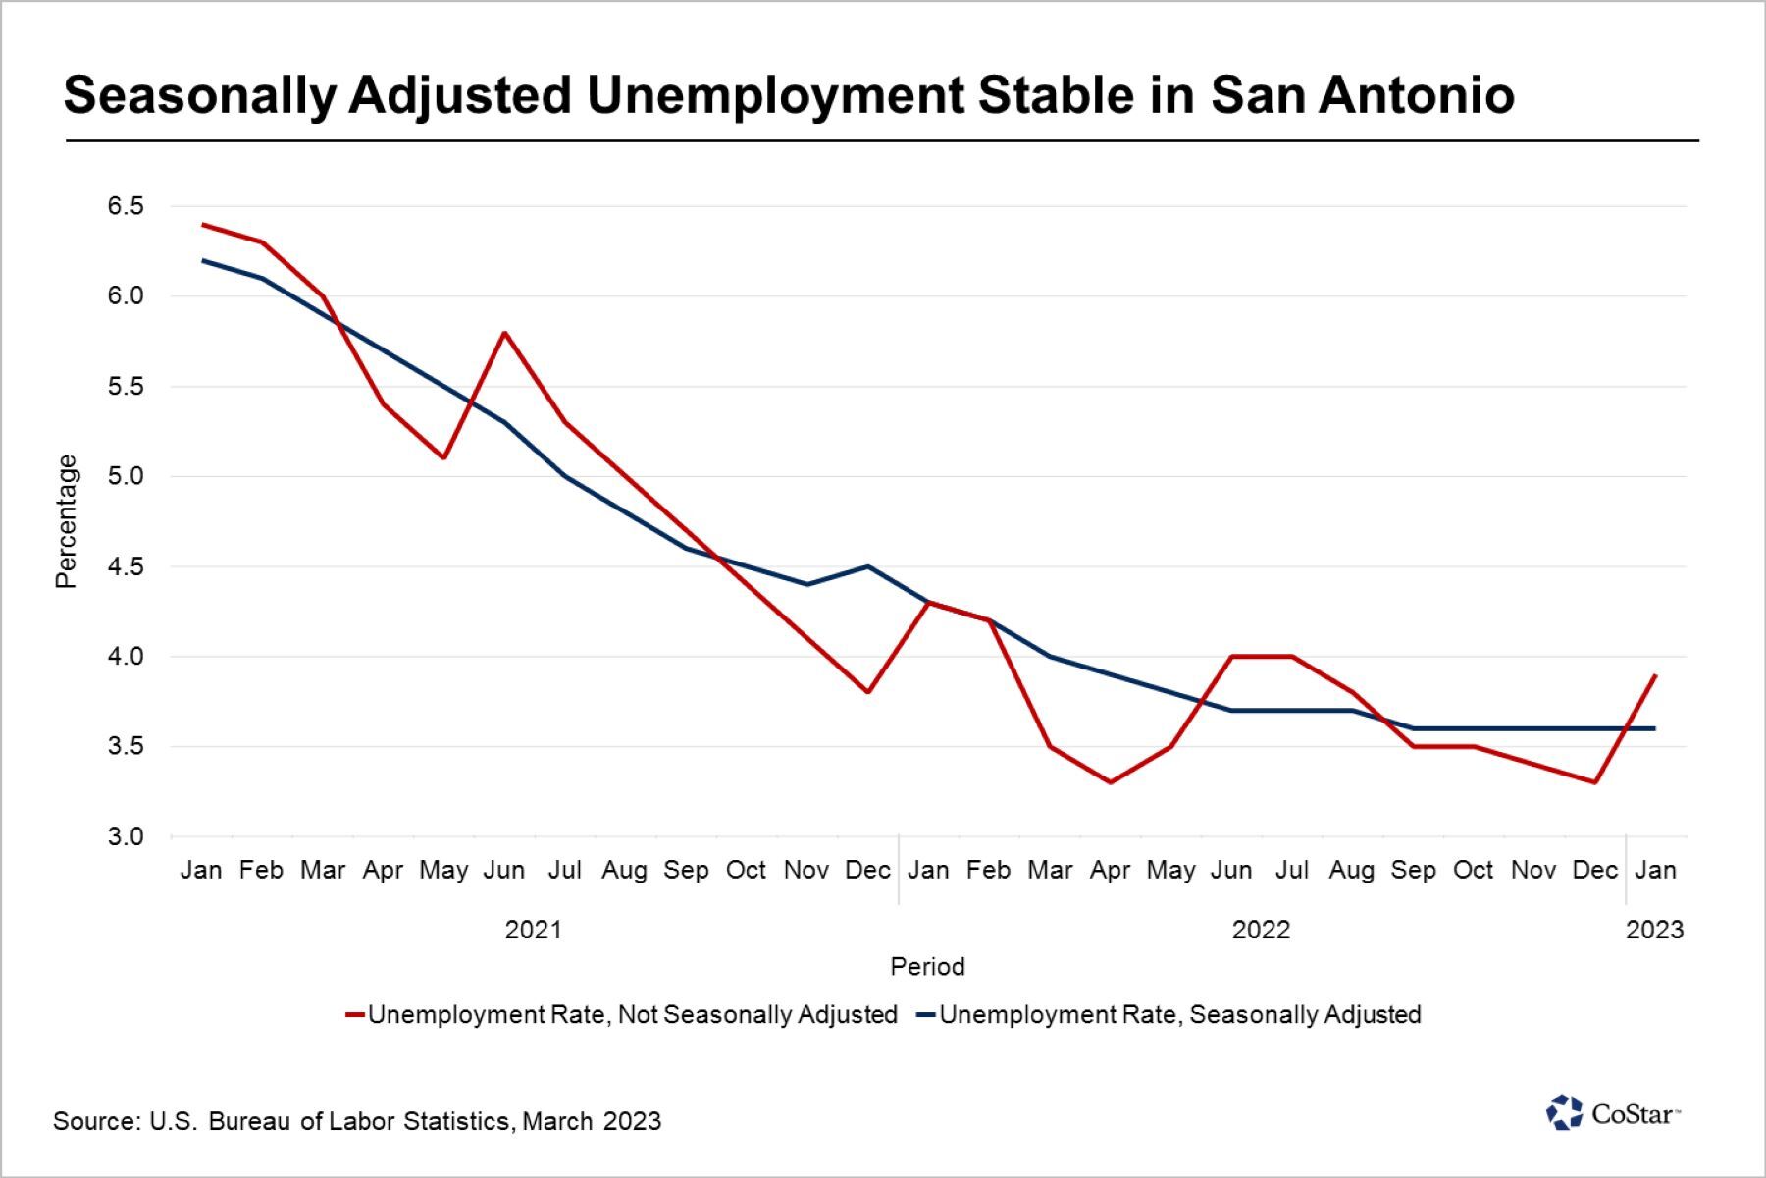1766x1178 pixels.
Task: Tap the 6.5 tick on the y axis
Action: [126, 206]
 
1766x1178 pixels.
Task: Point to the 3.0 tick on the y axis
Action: [126, 836]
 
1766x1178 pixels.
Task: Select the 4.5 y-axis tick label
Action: [126, 566]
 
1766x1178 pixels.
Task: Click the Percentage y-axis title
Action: [66, 521]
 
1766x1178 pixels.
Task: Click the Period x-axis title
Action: [927, 967]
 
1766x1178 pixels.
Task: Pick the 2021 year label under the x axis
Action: [533, 930]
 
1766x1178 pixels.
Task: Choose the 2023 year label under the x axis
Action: [1654, 930]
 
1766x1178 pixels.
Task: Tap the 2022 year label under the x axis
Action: [1261, 930]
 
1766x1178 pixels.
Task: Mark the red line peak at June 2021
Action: [504, 333]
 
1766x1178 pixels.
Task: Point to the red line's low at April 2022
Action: [1110, 782]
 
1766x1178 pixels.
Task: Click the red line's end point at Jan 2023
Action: [1655, 675]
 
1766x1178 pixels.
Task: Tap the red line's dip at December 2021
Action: [867, 692]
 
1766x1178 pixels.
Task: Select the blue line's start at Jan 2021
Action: [202, 260]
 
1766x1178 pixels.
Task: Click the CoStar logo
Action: [1613, 1113]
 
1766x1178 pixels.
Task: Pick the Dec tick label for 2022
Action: [1594, 871]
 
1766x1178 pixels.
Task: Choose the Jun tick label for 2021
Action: [504, 871]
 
